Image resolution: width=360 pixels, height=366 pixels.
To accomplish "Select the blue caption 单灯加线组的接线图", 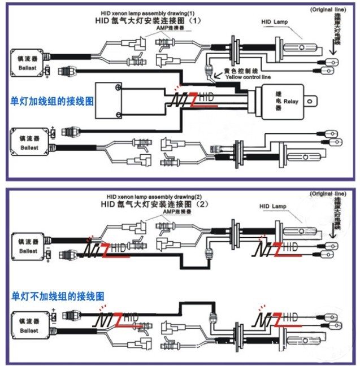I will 52,101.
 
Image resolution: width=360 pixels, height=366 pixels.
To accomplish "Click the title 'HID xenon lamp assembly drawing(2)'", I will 148,196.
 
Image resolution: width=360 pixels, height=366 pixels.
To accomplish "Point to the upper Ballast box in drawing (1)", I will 28,60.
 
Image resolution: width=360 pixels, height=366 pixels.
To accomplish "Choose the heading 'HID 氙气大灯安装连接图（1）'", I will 149,20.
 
